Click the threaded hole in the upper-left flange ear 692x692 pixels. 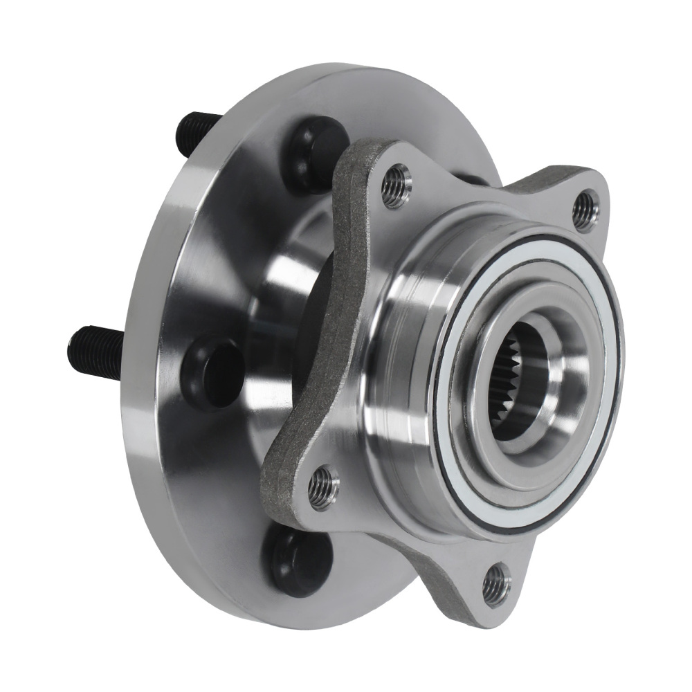click(397, 185)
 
